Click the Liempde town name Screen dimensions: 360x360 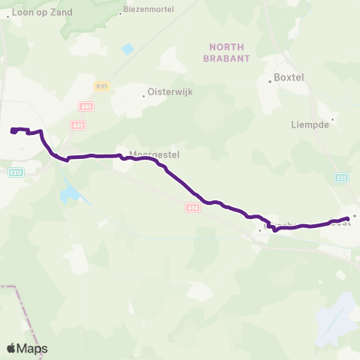point(310,124)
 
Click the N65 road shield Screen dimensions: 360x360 point(102,86)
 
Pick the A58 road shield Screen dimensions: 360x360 point(192,208)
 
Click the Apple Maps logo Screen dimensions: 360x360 point(27,348)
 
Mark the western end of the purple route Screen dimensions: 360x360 point(13,131)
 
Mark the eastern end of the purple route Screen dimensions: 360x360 point(348,218)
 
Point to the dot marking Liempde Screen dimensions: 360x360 point(332,118)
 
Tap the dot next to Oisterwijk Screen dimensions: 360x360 point(144,95)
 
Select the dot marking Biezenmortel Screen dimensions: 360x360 point(121,13)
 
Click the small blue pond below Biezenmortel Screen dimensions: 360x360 point(127,49)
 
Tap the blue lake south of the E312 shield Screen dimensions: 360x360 point(70,194)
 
